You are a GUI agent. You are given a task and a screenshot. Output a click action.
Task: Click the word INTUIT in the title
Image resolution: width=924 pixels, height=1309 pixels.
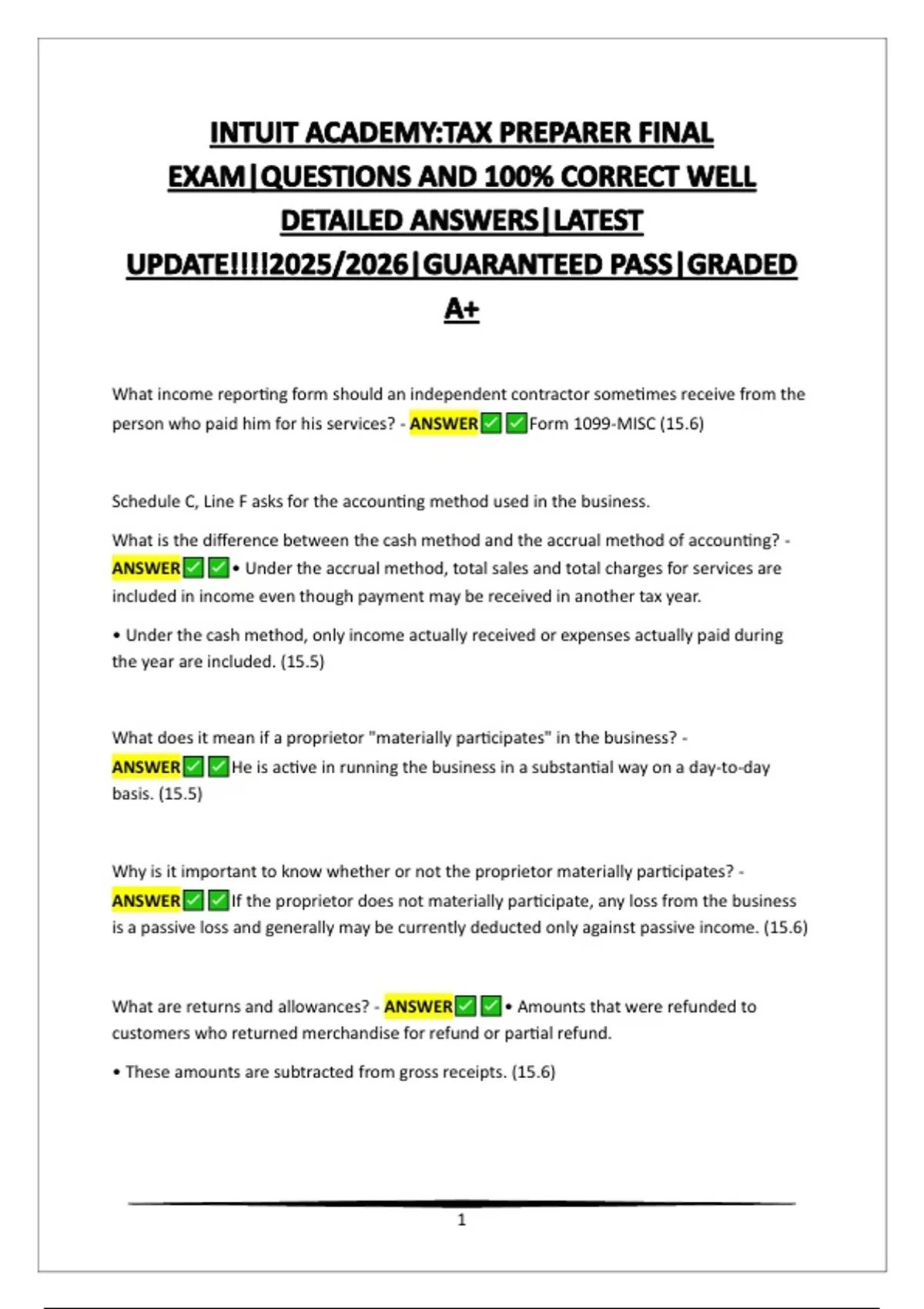[253, 133]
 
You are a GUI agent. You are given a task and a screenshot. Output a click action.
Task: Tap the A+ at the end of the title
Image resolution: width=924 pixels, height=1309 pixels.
[461, 309]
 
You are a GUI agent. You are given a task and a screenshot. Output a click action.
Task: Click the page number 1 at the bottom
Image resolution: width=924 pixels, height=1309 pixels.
[461, 1220]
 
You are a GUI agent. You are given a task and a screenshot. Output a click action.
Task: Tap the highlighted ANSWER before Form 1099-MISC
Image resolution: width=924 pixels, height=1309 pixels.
[444, 423]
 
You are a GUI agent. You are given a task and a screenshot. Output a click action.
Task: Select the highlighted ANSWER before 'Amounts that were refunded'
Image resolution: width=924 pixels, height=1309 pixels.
[418, 1006]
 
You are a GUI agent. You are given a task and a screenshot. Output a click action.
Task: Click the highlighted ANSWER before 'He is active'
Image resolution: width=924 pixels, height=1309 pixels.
[146, 767]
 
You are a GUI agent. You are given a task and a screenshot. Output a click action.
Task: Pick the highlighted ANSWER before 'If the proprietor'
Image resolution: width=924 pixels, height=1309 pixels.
[146, 900]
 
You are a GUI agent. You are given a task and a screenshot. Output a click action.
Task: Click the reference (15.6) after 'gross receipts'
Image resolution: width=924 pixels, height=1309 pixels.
[533, 1072]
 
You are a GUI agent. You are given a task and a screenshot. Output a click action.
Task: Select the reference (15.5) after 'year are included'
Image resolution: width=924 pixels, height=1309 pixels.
[302, 661]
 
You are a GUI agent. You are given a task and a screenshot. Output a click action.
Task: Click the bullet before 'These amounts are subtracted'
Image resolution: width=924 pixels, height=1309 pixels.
[116, 1072]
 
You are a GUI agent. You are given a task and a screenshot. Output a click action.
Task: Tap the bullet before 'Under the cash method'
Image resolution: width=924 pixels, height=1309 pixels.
[116, 635]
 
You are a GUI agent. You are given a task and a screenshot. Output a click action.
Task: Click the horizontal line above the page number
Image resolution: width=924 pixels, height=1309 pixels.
[461, 1203]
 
